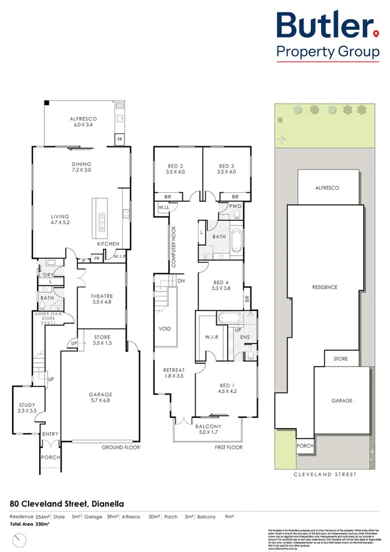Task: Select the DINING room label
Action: pyautogui.click(x=81, y=167)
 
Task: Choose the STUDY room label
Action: pyautogui.click(x=27, y=408)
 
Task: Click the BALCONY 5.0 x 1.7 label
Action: pyautogui.click(x=208, y=430)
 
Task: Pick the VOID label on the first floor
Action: pyautogui.click(x=165, y=329)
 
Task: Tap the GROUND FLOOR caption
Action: pyautogui.click(x=121, y=448)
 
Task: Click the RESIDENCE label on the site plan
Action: pyautogui.click(x=325, y=287)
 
